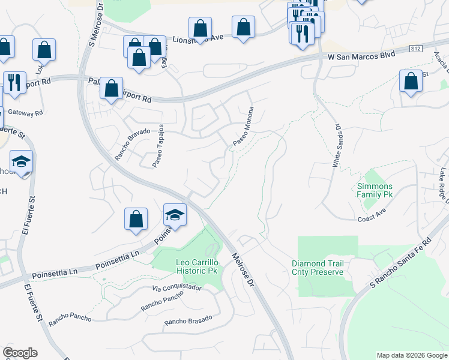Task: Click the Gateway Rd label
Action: pos(31,113)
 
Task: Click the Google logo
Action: pos(20,353)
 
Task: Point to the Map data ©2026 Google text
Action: pos(412,355)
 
